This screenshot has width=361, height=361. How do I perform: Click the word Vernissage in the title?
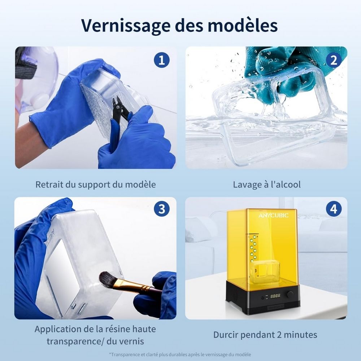coord(126,25)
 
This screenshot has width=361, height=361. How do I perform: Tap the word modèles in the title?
coord(243,25)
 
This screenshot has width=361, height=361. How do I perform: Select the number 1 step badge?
coord(162,60)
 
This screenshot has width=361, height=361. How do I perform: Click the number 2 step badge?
coord(333,60)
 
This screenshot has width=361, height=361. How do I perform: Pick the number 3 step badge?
coord(162,209)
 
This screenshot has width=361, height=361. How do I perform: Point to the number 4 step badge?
coord(334,209)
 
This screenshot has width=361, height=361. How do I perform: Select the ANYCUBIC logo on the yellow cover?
coord(273,216)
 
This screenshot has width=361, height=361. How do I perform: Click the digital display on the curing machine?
coord(275,296)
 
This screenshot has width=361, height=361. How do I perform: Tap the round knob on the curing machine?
coord(290,295)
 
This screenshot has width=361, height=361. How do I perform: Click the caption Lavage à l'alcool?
coord(267,184)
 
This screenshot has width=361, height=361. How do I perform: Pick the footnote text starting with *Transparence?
coord(180,355)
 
